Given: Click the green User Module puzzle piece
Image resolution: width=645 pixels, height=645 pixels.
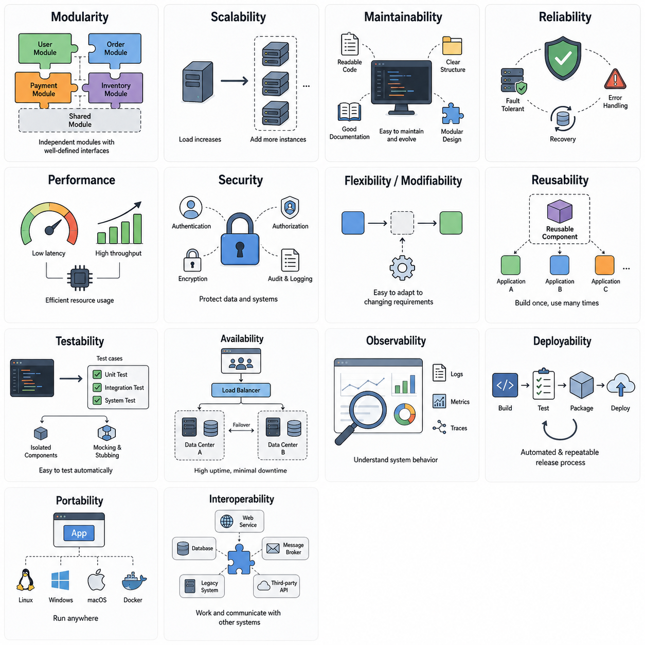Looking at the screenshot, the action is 45,48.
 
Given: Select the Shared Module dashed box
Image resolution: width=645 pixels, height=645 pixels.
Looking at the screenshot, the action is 80,120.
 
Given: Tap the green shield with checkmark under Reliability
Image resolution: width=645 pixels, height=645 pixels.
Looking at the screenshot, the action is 563,58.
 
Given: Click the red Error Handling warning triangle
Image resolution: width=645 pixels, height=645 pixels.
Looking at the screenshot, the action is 615,79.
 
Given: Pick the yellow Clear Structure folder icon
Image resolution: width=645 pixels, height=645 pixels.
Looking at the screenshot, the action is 452,46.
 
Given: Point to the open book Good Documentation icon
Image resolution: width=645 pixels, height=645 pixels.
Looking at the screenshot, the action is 349,112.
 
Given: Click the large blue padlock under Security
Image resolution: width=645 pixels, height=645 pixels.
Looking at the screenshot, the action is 240,240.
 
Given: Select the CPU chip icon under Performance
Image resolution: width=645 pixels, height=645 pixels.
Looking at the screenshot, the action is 80,277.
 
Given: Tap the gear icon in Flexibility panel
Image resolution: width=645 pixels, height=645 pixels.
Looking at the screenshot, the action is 402,268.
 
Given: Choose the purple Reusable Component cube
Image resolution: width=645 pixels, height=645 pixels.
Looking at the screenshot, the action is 559,211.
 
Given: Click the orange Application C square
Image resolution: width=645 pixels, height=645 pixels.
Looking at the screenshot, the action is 604,265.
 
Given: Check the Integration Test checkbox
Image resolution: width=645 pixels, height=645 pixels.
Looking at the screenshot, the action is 97,387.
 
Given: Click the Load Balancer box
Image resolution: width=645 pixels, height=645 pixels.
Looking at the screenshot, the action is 241,390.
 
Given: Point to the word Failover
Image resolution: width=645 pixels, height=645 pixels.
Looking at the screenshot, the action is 241,424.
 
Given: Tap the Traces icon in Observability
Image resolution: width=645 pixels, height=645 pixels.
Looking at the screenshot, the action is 439,427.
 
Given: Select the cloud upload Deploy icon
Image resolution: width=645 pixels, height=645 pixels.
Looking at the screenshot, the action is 620,385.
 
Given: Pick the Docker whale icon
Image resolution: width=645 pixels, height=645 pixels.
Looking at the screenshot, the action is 134,581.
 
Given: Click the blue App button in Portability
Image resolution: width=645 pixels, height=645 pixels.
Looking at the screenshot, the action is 79,533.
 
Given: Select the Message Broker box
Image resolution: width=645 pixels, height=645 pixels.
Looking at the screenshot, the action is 285,548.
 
